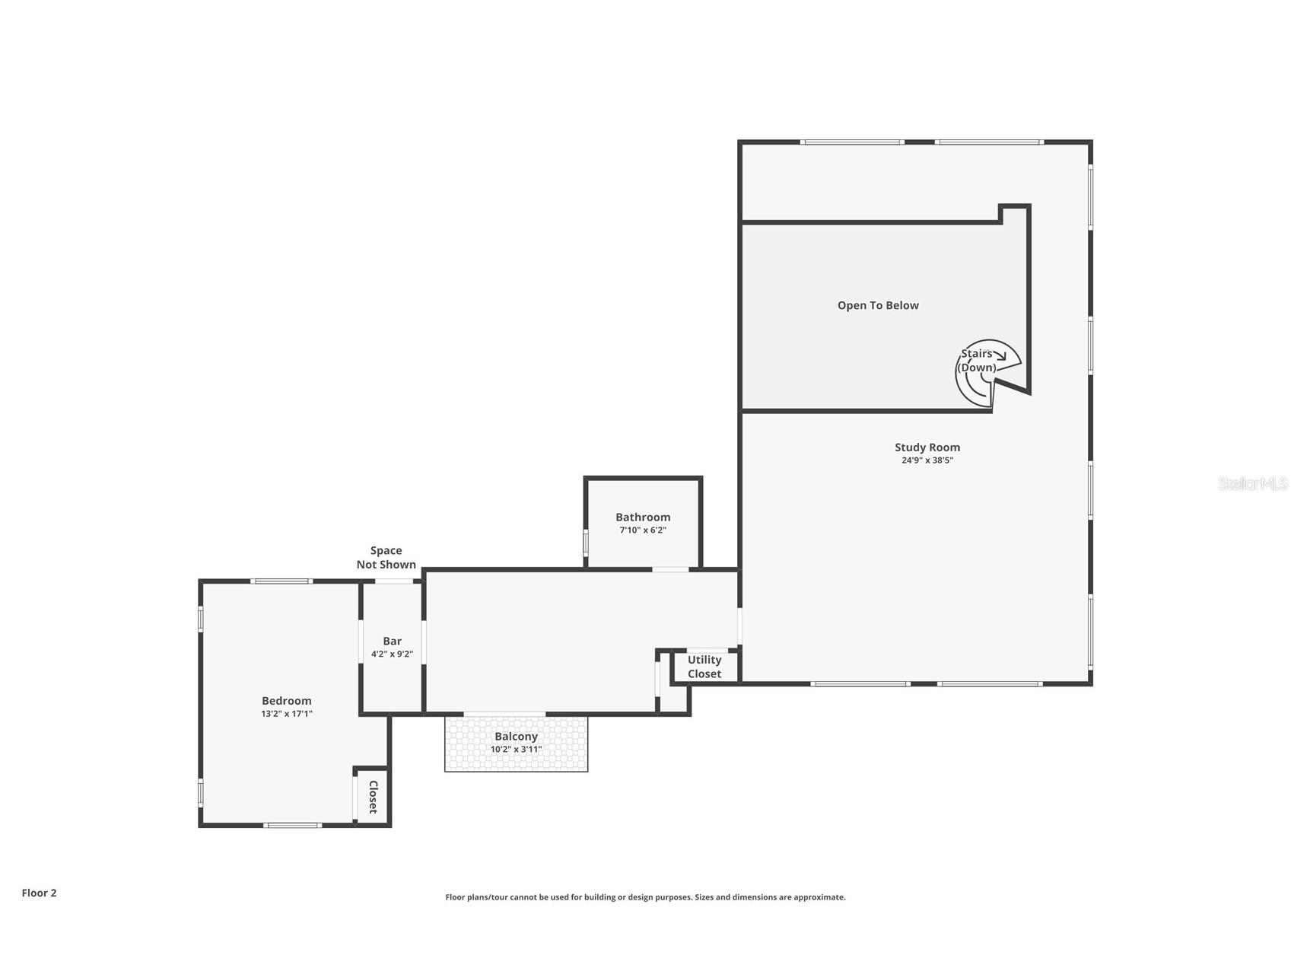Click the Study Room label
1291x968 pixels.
click(927, 447)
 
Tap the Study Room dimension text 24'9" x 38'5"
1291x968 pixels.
click(927, 460)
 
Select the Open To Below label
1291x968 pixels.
click(878, 305)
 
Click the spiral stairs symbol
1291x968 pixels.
click(986, 374)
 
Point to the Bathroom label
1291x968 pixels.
click(643, 517)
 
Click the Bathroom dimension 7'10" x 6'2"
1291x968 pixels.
click(643, 530)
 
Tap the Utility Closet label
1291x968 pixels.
click(704, 667)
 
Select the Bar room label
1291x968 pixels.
click(392, 642)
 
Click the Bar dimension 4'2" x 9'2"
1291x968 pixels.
click(392, 654)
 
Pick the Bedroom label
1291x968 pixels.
click(286, 701)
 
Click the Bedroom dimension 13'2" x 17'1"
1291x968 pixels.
click(286, 714)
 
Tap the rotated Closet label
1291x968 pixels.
click(373, 797)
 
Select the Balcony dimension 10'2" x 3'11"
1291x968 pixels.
click(516, 750)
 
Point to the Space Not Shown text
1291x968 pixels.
click(386, 557)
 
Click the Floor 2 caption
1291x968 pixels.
click(39, 893)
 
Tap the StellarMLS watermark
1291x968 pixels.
click(1252, 483)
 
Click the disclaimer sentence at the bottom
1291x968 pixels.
click(645, 897)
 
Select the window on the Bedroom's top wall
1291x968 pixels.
click(281, 581)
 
